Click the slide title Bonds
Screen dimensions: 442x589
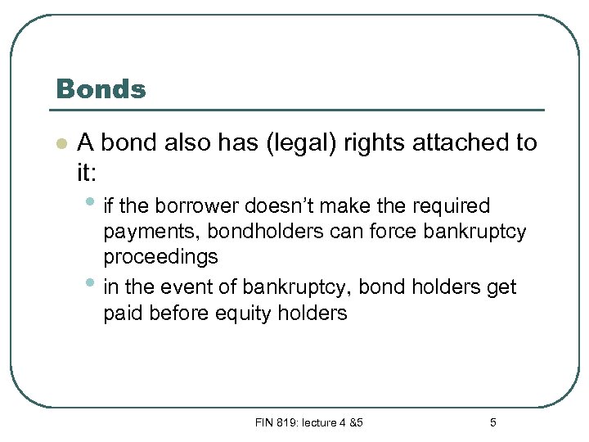click(100, 89)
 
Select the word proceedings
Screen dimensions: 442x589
click(160, 257)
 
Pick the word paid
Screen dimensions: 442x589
click(123, 313)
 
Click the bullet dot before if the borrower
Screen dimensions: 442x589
click(89, 201)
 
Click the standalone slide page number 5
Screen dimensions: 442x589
click(492, 422)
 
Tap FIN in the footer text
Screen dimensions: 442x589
click(264, 422)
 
